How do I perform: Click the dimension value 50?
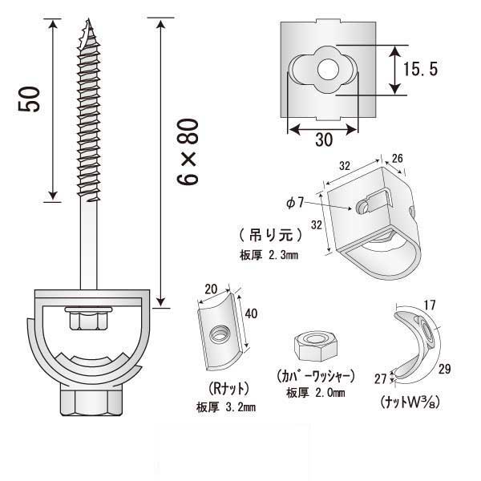pyautogui.click(x=31, y=99)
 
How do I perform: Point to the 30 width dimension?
pyautogui.click(x=323, y=139)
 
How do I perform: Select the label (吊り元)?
pyautogui.click(x=270, y=236)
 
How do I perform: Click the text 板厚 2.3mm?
pyautogui.click(x=269, y=256)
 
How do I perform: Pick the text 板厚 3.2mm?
pyautogui.click(x=225, y=407)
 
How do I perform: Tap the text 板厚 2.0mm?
pyautogui.click(x=315, y=393)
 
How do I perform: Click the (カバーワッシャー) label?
pyautogui.click(x=314, y=375)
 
